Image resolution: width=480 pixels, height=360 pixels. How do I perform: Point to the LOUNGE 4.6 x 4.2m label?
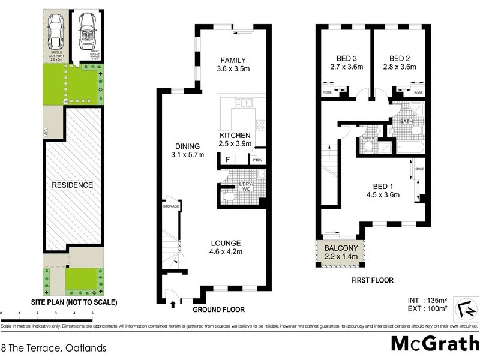point(226,247)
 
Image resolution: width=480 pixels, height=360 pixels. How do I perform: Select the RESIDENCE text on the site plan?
point(72,185)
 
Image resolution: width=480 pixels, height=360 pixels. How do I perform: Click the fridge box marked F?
point(227,160)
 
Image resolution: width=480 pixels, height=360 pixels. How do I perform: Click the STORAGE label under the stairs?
point(171,206)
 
